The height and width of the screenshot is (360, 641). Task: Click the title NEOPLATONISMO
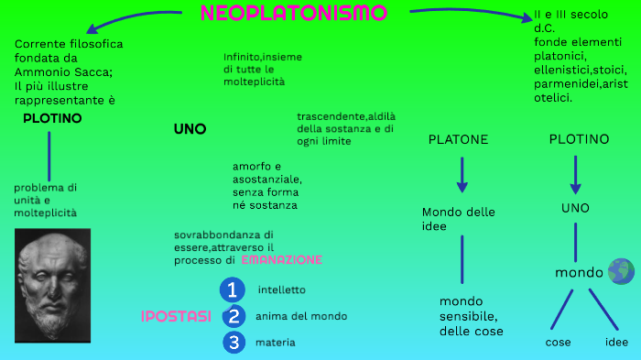[x=293, y=14]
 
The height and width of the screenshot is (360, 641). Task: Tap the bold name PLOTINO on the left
[x=52, y=118]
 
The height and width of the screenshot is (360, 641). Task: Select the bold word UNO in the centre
[x=190, y=129]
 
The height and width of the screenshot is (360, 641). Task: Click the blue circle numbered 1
[x=233, y=290]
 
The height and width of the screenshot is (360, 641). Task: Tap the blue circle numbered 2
[x=234, y=317]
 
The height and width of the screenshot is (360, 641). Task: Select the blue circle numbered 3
[x=234, y=343]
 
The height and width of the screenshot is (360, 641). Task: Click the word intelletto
[x=282, y=290]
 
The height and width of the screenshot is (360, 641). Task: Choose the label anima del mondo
[x=301, y=316]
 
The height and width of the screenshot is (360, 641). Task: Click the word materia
[x=276, y=343]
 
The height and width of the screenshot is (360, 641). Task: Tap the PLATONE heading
[x=458, y=139]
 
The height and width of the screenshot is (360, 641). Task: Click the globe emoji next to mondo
[x=620, y=271]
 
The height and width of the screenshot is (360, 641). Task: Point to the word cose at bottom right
[x=558, y=343]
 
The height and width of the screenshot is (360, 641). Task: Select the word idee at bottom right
[x=617, y=343]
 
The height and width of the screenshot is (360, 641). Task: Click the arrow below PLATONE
[x=462, y=174]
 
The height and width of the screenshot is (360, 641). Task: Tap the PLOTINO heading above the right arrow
[x=579, y=139]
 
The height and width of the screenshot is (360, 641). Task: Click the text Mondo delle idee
[x=458, y=219]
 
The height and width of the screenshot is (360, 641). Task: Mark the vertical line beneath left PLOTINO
[x=49, y=156]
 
